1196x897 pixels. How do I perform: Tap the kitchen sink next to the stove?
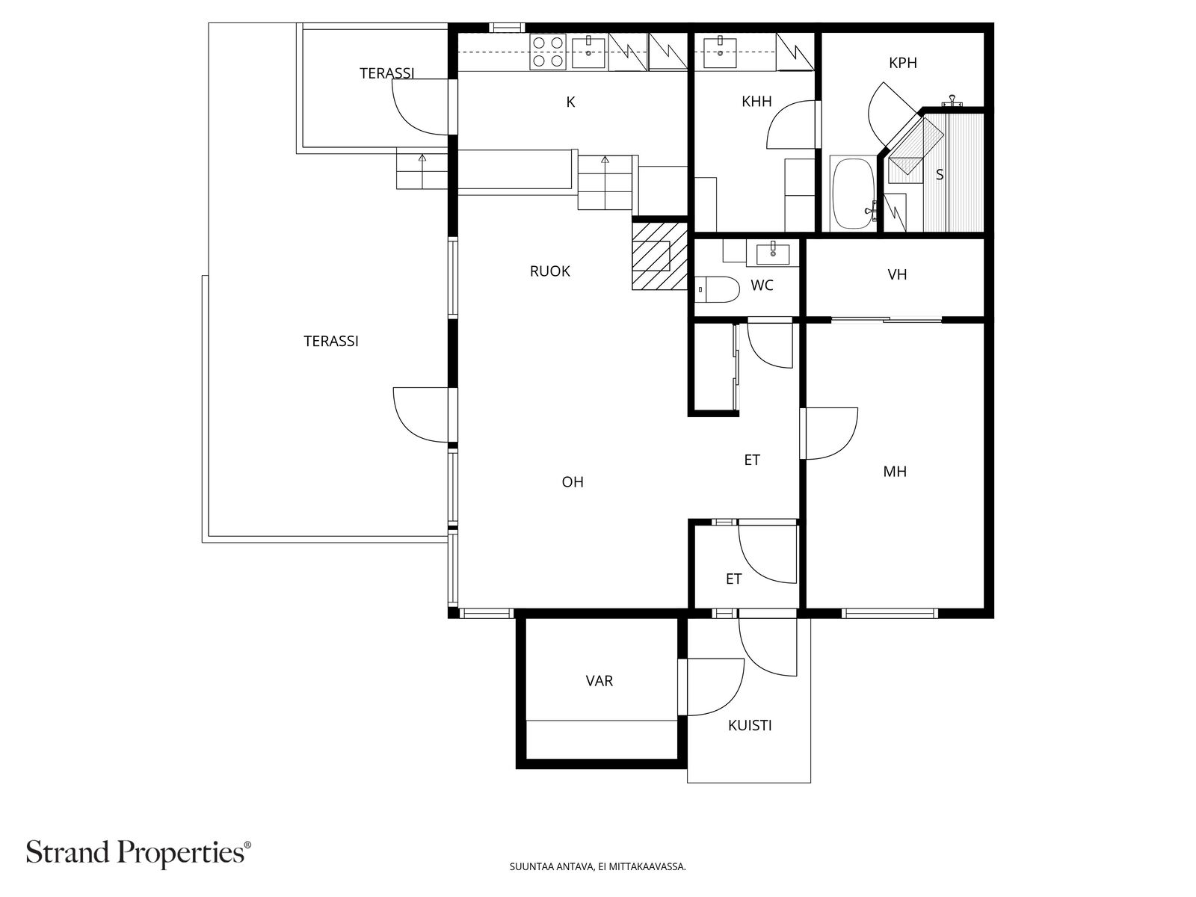(x=588, y=51)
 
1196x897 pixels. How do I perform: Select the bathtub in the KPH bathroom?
(x=853, y=194)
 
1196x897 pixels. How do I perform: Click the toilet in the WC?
(x=718, y=289)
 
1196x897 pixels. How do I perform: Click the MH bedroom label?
(x=895, y=472)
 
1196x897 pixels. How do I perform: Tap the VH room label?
(x=897, y=274)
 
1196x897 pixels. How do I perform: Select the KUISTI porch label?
(x=750, y=725)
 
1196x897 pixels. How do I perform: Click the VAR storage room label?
(x=599, y=681)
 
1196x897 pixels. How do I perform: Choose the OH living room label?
(x=573, y=482)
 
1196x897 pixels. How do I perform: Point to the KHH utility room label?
(x=756, y=102)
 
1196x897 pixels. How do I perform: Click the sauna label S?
(x=940, y=175)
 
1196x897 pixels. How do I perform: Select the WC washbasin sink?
(x=773, y=254)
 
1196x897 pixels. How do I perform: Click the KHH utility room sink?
(x=720, y=52)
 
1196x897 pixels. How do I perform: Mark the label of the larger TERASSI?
(x=330, y=342)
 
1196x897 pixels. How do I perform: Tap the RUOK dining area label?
(x=549, y=271)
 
